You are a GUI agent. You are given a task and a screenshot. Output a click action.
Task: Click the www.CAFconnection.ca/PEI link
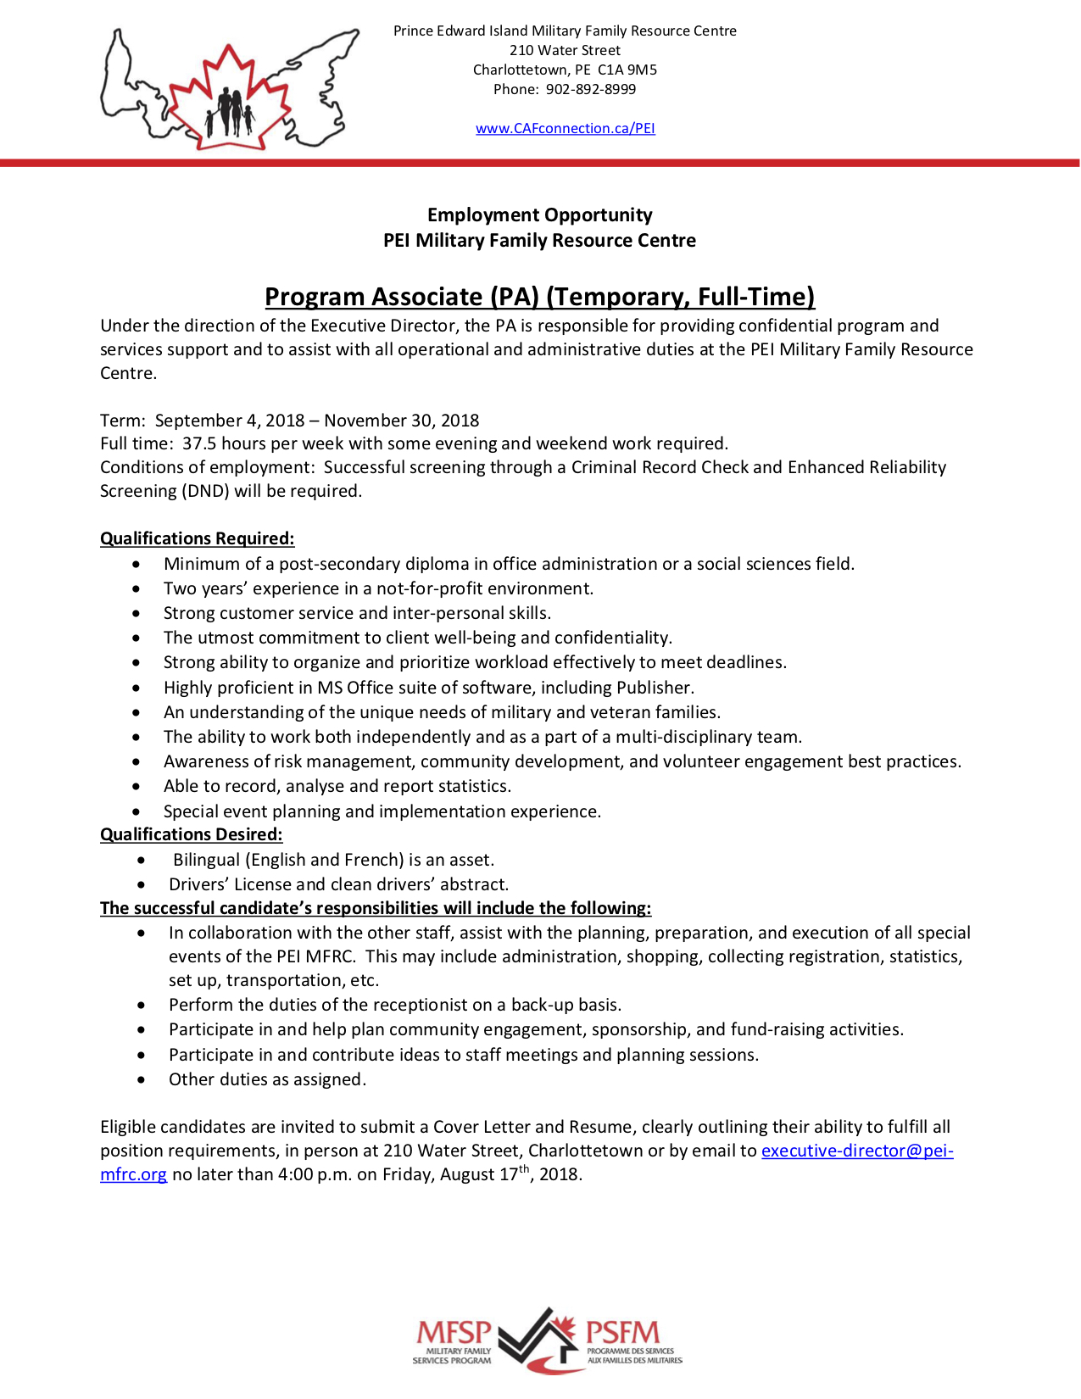[x=565, y=128]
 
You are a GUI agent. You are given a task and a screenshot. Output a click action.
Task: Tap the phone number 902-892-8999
[x=590, y=89]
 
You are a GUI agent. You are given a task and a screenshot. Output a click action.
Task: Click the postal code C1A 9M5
[x=627, y=70]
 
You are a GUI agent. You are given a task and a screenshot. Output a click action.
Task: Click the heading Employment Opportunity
[x=539, y=215]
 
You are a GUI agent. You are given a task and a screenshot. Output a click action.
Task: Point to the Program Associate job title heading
[x=539, y=297]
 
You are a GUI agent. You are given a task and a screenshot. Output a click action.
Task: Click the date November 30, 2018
[x=401, y=421]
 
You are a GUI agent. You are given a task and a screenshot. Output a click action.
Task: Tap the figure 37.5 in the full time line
[x=199, y=443]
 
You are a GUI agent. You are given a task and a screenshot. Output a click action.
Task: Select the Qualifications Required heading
[x=197, y=538]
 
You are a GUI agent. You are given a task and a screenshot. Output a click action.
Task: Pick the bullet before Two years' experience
[x=137, y=588]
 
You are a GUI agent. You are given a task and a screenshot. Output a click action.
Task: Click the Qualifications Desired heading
[x=191, y=834]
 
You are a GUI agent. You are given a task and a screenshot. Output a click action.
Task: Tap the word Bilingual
[x=206, y=860]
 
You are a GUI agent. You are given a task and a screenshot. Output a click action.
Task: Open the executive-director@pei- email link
[x=856, y=1151]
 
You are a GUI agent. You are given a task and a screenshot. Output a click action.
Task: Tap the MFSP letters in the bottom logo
[x=454, y=1333]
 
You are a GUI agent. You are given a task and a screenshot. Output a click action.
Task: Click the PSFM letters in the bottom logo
[x=622, y=1333]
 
